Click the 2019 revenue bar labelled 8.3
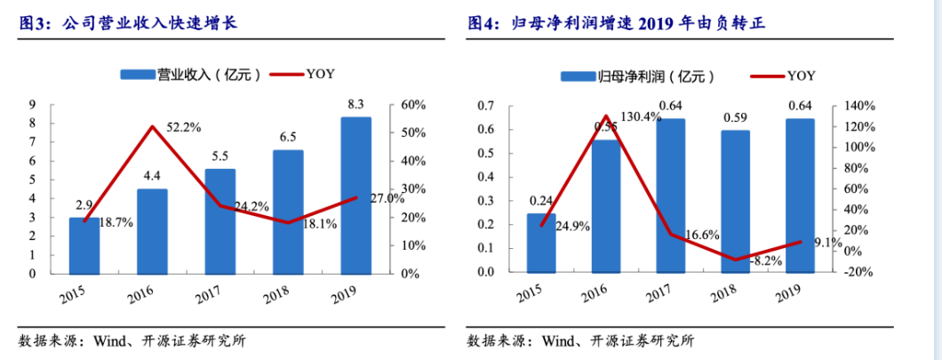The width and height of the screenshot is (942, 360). (x=355, y=196)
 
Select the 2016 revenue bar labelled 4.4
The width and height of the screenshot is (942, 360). (x=152, y=231)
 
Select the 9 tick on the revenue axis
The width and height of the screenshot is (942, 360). (x=33, y=104)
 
